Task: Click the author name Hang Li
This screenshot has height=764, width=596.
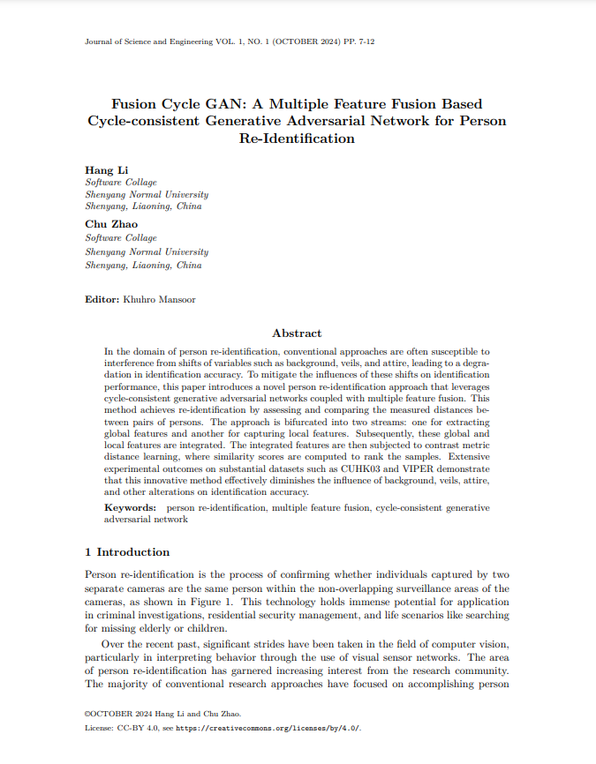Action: (x=100, y=169)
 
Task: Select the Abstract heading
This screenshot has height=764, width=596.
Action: (x=297, y=333)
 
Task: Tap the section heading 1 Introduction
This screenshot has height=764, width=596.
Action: (x=127, y=552)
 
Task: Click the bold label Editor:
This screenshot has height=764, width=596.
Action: (x=102, y=300)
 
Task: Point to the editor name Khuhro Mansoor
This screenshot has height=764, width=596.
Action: (x=159, y=300)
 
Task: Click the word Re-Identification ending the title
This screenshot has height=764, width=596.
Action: (x=297, y=139)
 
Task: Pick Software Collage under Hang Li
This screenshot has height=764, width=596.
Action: (x=120, y=183)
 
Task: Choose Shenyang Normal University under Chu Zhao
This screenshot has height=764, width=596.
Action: (x=146, y=251)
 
